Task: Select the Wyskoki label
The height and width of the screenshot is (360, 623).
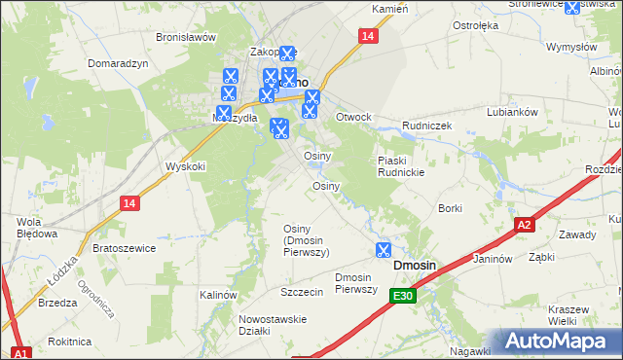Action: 186,166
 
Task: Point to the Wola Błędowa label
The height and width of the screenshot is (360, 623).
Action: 28,227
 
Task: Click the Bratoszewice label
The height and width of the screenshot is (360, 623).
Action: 124,248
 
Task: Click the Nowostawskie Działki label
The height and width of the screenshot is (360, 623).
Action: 280,325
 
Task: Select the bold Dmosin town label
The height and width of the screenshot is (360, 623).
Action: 414,266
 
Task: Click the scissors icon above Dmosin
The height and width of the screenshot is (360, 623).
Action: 383,250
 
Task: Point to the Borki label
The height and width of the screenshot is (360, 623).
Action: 450,208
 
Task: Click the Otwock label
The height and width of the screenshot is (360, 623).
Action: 353,117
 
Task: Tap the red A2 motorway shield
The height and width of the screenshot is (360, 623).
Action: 524,225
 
